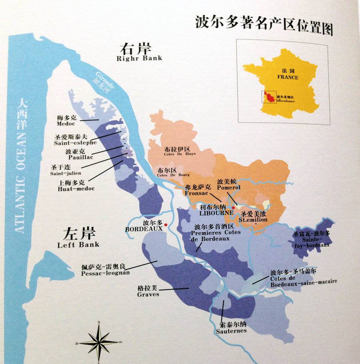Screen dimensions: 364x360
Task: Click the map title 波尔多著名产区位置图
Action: [264, 22]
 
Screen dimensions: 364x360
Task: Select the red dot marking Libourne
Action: [233, 207]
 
